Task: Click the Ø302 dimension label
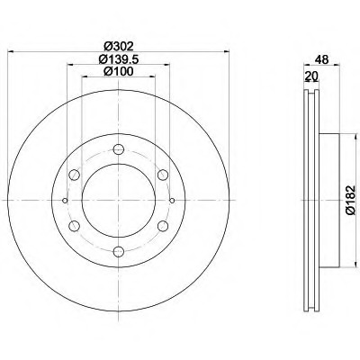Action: (118, 46)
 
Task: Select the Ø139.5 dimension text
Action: (118, 59)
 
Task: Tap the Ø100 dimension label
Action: (118, 71)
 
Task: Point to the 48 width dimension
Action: (321, 59)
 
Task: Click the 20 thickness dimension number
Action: (311, 76)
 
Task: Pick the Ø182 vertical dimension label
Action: (350, 200)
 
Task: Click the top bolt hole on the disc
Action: (119, 149)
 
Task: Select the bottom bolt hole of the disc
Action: (119, 251)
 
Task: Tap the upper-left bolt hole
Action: (74, 175)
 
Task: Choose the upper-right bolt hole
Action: (163, 175)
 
